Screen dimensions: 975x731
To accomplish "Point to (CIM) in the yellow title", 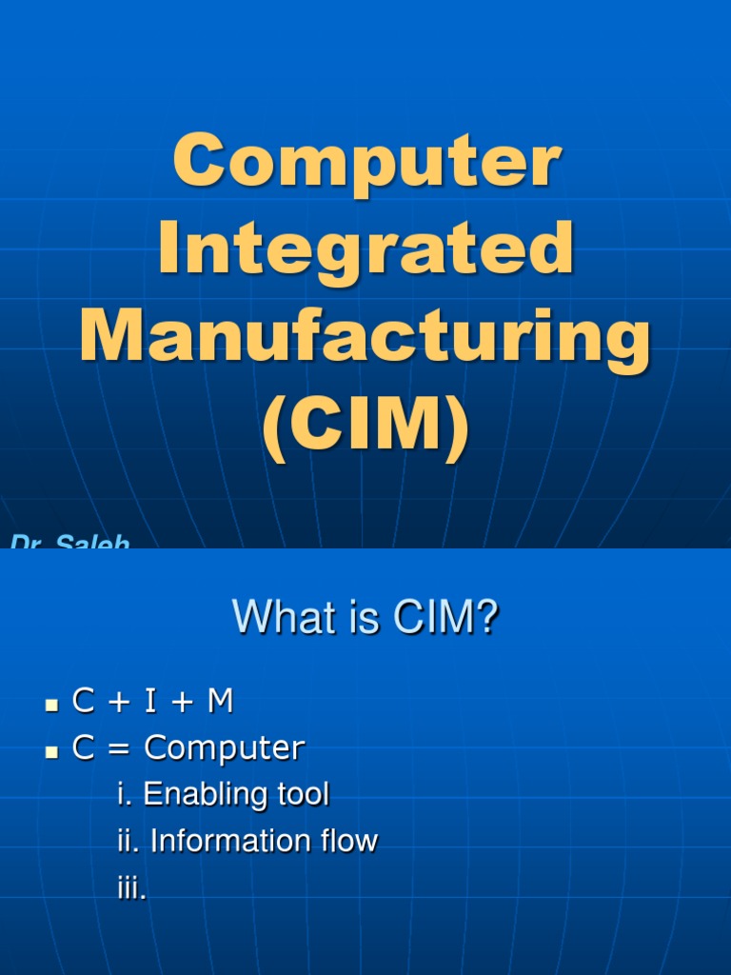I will pyautogui.click(x=365, y=428).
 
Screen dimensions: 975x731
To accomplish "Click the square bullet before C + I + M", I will pyautogui.click(x=53, y=706).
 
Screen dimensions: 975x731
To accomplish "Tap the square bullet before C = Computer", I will pyautogui.click(x=53, y=752).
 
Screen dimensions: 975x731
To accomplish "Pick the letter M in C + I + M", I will pyautogui.click(x=220, y=703).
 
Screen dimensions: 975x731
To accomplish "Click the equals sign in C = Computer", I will pyautogui.click(x=117, y=749).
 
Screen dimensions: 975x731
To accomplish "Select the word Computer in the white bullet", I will pyautogui.click(x=225, y=749).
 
